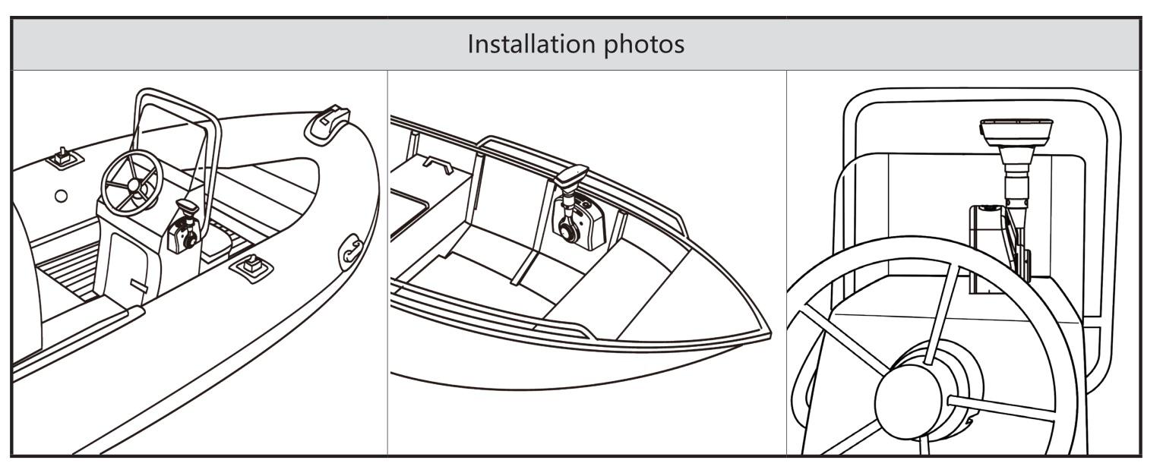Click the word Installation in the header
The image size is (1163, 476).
pyautogui.click(x=533, y=43)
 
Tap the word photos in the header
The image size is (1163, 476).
pyautogui.click(x=644, y=45)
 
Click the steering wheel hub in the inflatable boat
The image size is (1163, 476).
pyautogui.click(x=134, y=184)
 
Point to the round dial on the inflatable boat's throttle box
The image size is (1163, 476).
pyautogui.click(x=189, y=241)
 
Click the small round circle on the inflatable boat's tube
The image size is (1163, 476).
pyautogui.click(x=62, y=196)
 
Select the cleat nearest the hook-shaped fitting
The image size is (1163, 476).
pyautogui.click(x=251, y=266)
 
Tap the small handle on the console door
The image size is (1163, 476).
pyautogui.click(x=138, y=285)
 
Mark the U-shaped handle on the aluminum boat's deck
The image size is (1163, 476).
pyautogui.click(x=438, y=164)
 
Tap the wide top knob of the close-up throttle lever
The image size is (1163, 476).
pyautogui.click(x=1016, y=133)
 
